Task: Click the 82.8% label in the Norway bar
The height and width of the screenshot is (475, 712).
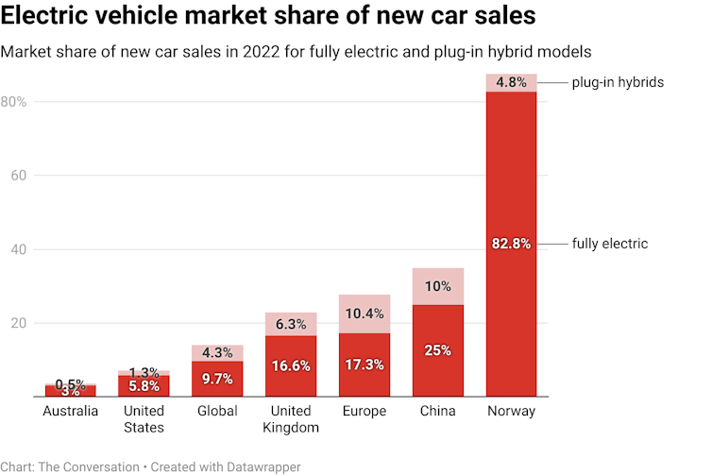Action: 511,244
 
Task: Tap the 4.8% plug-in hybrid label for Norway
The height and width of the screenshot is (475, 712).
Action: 511,82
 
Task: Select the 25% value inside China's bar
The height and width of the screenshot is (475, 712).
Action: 437,350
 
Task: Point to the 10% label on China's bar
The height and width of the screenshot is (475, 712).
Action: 437,286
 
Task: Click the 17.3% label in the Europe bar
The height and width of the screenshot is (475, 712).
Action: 364,365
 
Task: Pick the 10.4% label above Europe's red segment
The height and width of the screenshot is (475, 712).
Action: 364,314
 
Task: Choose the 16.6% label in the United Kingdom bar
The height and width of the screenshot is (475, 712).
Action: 291,365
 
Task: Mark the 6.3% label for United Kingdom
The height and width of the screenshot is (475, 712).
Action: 291,324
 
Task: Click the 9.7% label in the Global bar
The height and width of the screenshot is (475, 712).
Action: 217,378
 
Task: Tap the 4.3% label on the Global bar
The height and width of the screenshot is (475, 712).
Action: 217,353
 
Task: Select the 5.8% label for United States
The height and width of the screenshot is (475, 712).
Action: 144,385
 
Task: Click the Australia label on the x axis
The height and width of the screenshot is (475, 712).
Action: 71,411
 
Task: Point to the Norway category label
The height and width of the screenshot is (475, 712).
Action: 511,411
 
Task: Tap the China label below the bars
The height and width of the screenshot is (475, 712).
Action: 437,411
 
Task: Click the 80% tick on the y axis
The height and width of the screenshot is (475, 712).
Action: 14,101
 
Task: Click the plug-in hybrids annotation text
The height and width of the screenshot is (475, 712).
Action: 618,82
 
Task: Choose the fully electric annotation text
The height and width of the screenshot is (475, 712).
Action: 610,244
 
